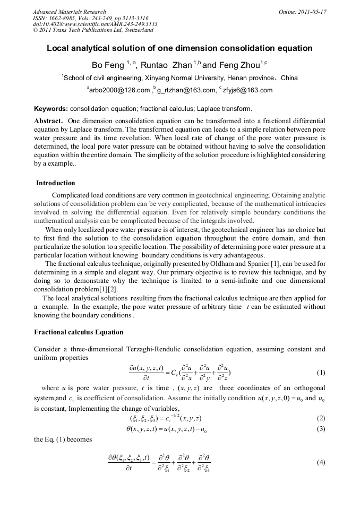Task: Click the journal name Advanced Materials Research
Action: pos(69,12)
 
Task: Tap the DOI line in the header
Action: pos(95,24)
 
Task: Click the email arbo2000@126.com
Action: pos(119,90)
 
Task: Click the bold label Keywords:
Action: pos(51,109)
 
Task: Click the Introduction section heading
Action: pos(56,183)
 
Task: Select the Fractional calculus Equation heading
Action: pos(79,332)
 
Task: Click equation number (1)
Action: pos(321,372)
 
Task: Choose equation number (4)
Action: pos(321,462)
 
